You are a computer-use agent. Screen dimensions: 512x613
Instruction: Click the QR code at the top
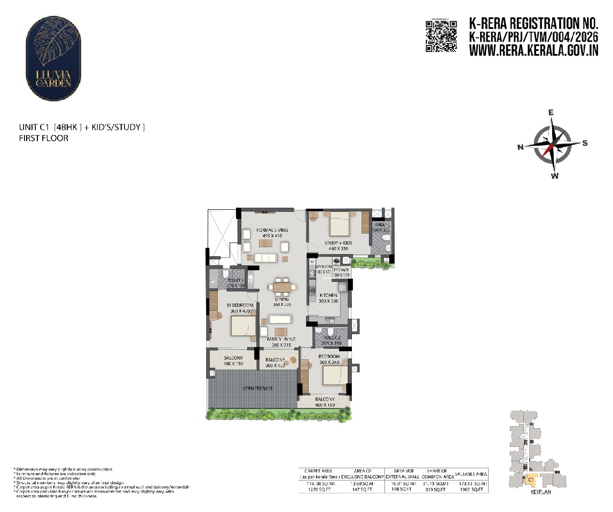point(442,36)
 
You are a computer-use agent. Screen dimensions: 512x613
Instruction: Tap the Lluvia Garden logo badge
point(53,53)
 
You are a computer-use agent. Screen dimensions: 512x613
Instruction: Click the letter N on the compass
point(520,148)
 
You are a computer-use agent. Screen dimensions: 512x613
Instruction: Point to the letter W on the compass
point(555,176)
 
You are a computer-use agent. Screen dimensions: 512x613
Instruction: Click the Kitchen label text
point(328,295)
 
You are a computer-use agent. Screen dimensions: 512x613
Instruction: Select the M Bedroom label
point(228,305)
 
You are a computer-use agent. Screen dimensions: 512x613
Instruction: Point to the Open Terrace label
point(257,388)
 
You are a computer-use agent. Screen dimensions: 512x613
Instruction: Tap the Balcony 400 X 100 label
point(325,402)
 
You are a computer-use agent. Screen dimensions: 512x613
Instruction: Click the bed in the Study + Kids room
point(339,224)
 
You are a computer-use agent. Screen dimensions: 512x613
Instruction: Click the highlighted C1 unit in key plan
point(531,480)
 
